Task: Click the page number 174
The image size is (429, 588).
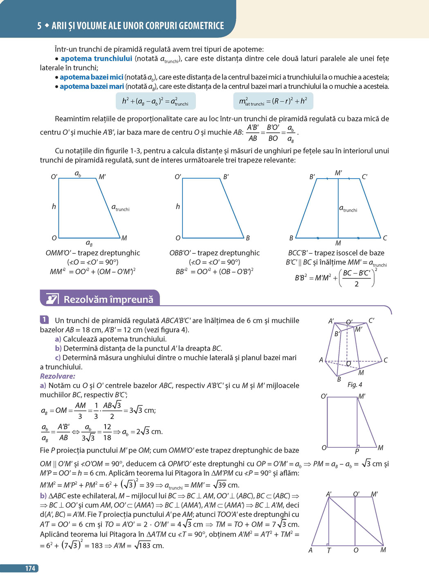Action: point(30,568)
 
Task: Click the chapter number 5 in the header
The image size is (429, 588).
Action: point(39,26)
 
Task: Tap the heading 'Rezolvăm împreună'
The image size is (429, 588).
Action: point(108,300)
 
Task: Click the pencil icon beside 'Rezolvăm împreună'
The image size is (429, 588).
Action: point(52,299)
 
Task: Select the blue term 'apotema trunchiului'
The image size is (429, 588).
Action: point(97,59)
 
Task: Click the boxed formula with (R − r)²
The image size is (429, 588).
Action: point(273,101)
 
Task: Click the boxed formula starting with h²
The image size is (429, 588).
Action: point(155,101)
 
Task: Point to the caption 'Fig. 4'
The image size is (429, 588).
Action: point(355,385)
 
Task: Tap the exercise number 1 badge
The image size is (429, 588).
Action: point(44,320)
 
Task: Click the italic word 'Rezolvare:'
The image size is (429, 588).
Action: point(58,376)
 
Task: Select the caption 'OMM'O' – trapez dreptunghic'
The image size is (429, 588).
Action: point(93,253)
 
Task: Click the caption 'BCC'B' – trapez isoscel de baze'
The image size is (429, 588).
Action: point(336,253)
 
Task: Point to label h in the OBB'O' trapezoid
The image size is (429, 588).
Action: point(177,207)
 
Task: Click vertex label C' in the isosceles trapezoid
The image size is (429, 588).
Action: point(364,177)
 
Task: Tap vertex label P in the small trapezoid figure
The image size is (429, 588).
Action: point(357,452)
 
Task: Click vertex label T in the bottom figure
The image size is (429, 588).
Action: point(329,551)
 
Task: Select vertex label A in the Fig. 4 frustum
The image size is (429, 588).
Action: point(321,360)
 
